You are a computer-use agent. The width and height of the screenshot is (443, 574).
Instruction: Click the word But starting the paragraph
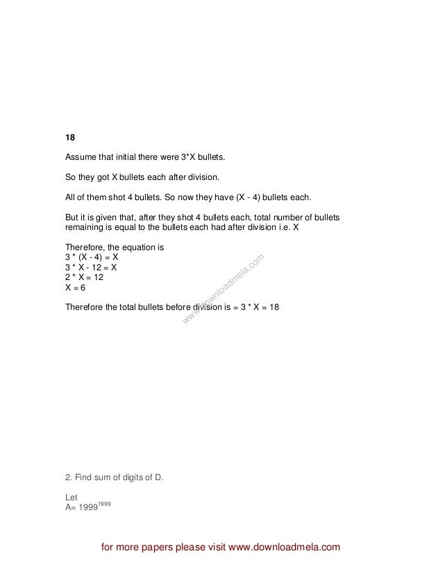click(x=73, y=217)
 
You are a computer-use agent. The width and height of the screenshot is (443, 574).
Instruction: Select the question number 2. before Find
click(x=68, y=477)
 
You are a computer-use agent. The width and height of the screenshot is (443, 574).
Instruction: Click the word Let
click(x=71, y=497)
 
